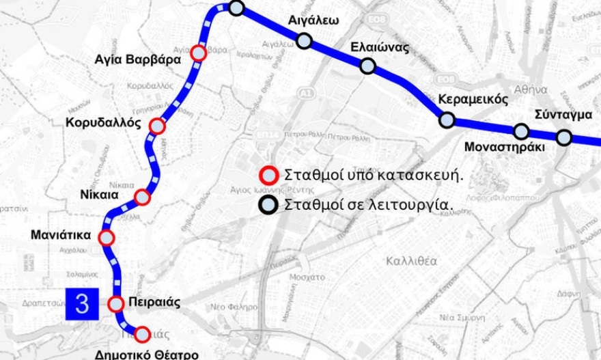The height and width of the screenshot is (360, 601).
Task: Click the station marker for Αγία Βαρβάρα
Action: coord(199,53)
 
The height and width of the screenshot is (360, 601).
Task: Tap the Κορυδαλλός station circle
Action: coord(157,126)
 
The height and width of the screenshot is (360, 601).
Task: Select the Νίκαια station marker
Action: coord(142,197)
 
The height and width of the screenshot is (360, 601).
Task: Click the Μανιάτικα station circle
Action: coord(107,238)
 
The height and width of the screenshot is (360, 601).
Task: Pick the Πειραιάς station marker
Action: coord(116,303)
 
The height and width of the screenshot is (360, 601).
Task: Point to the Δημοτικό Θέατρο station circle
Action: coord(142,334)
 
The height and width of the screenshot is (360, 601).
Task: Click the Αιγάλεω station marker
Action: coord(305,41)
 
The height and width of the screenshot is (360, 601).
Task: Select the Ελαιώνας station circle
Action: coord(367,66)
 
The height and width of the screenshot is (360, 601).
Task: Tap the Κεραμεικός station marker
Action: coord(447,120)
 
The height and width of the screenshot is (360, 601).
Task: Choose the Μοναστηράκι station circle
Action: coord(521,131)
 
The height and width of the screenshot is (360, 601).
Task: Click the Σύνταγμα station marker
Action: coord(563,137)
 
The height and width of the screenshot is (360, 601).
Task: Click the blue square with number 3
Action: coord(82,303)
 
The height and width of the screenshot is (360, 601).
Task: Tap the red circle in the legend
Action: coord(268,174)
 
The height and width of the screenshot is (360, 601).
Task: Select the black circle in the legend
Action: coord(268,204)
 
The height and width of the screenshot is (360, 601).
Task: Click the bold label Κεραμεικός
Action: coord(473,100)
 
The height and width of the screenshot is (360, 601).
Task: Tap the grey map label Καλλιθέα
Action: coord(411,261)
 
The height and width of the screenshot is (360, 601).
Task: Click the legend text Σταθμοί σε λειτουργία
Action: coord(369,204)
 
